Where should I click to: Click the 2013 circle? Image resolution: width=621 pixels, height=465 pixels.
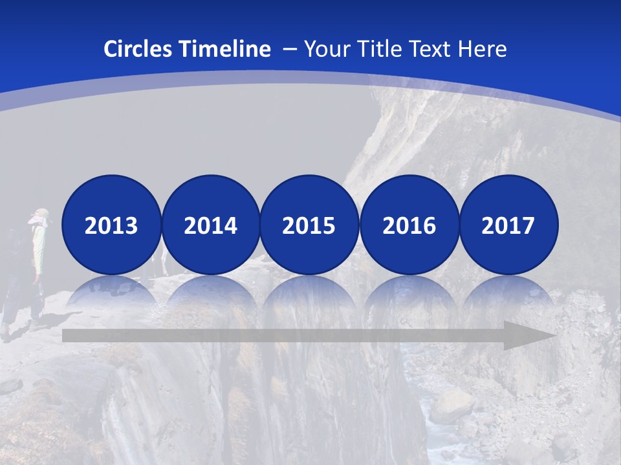point(111,225)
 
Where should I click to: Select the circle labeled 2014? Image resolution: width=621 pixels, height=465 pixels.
point(210,225)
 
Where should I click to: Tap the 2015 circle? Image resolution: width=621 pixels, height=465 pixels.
point(309,225)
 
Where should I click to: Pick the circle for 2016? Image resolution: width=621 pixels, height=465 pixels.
point(409,225)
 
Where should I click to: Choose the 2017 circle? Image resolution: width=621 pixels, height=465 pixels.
point(508,225)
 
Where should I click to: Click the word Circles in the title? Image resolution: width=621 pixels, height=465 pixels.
point(139,49)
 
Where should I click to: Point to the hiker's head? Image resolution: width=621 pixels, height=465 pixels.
point(41,217)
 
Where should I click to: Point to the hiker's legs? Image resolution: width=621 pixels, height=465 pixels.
point(23,304)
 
